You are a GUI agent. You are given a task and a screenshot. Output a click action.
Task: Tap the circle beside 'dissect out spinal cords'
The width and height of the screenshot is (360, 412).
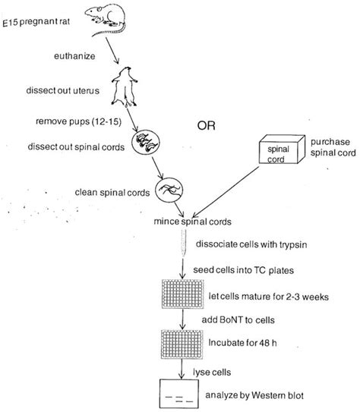click(144, 142)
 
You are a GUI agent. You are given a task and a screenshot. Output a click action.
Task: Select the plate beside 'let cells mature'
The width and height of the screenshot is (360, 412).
click(182, 294)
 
